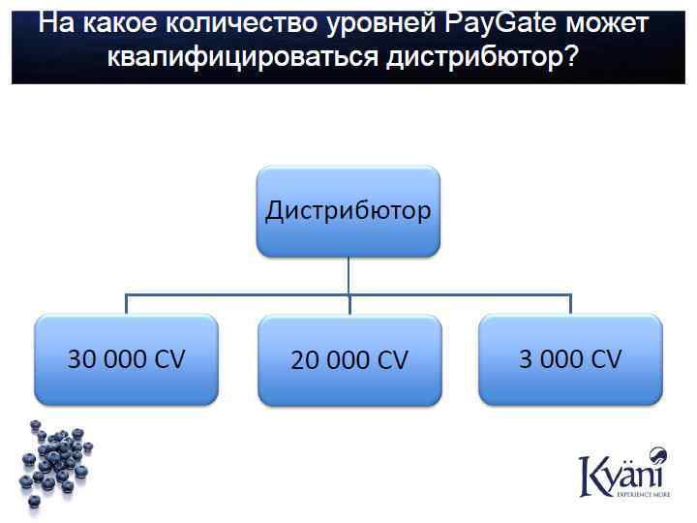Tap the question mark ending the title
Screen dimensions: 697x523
pos(572,57)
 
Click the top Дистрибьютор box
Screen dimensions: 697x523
pos(348,211)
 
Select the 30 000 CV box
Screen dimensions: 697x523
pos(126,359)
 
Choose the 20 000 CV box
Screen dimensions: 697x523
pos(348,360)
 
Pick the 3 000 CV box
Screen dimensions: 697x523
pos(570,359)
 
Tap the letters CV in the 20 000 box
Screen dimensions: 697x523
pos(392,361)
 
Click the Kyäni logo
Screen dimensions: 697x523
pos(621,474)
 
